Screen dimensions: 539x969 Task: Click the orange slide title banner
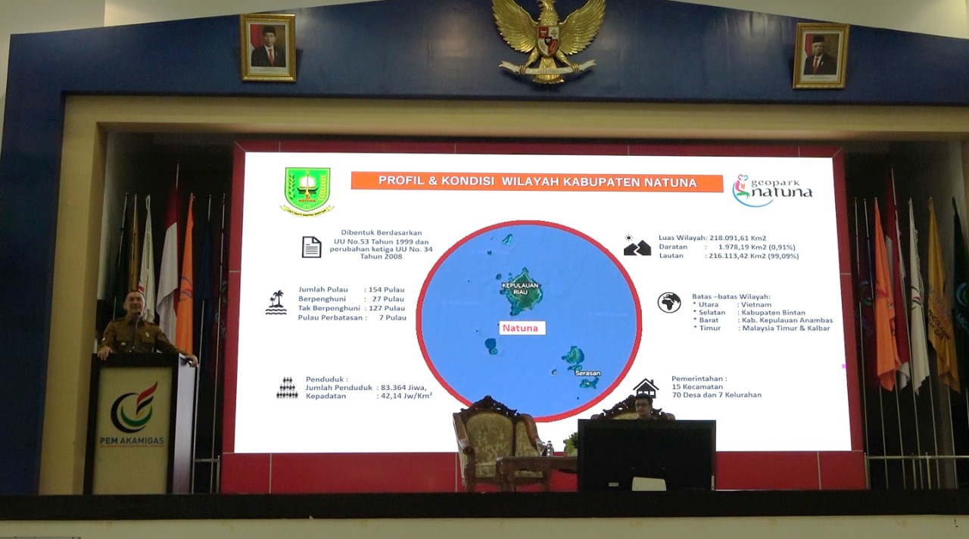coord(536,182)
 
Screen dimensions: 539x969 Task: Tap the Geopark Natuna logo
coord(772,190)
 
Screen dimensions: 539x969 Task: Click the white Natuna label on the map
coord(522,328)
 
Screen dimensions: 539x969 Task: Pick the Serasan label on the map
coord(587,373)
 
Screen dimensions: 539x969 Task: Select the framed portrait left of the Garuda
coord(268,48)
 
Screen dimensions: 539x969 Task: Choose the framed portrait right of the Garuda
coord(821,55)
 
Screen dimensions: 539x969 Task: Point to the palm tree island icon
coord(276,302)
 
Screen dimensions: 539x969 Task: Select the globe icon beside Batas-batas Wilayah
coord(669,303)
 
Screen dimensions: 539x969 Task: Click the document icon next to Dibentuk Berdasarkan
coord(311,247)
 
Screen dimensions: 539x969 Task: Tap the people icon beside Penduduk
coord(287,388)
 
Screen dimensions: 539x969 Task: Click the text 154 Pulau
coord(385,290)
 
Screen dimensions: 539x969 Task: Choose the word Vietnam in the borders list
coord(756,304)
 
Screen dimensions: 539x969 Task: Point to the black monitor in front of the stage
coord(646,454)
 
